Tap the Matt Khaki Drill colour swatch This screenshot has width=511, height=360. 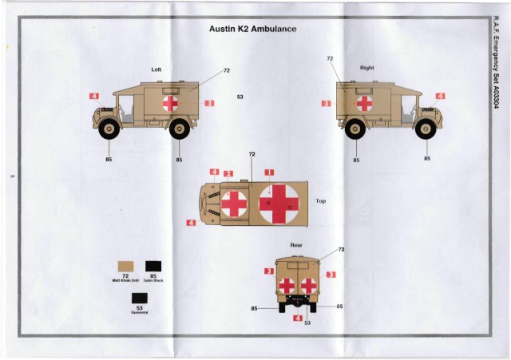tap(126, 265)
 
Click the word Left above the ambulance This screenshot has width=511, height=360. tap(156, 69)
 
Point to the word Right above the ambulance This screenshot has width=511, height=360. tap(367, 68)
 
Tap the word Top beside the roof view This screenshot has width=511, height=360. tap(321, 201)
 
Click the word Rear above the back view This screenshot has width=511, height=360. tap(296, 244)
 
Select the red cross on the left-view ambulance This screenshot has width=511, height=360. tap(169, 103)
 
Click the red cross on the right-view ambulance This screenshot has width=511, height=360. tap(364, 103)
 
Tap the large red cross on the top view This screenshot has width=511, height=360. tap(279, 203)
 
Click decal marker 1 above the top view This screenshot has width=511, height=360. tap(269, 172)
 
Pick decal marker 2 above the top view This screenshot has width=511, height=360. tap(228, 173)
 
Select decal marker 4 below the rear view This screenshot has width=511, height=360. tap(298, 318)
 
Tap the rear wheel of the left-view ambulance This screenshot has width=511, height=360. tap(180, 128)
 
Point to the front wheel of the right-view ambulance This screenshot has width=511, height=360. tap(427, 128)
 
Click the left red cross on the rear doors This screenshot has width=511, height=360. tap(287, 286)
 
